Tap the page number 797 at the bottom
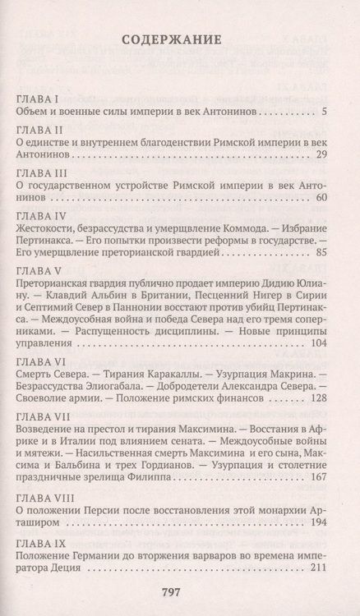(179, 593)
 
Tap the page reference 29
(322, 154)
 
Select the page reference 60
(322, 196)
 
